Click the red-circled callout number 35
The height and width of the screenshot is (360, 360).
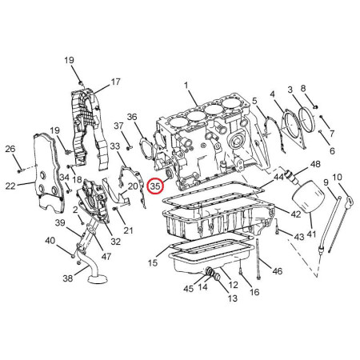click(x=155, y=186)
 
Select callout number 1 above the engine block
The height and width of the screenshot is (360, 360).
click(x=186, y=86)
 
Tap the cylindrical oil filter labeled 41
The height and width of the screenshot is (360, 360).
click(x=309, y=197)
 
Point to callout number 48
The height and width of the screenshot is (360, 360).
click(x=315, y=164)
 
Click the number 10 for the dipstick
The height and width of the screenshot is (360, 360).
click(x=338, y=177)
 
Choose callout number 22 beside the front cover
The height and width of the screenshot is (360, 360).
click(x=10, y=186)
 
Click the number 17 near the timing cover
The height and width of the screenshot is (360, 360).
click(x=115, y=82)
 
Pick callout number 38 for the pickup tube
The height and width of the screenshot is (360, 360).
click(x=68, y=278)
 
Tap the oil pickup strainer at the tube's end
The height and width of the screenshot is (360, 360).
click(x=97, y=279)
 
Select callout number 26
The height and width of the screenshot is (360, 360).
click(x=10, y=149)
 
